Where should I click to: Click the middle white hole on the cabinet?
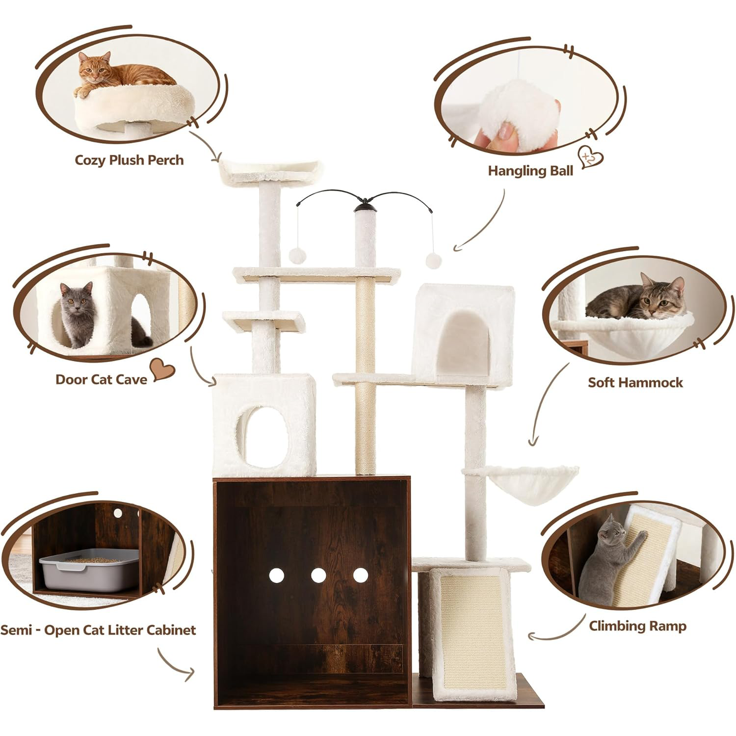[x=318, y=575]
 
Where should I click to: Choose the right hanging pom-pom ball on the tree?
[x=433, y=260]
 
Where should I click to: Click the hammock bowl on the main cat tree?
[x=527, y=483]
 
